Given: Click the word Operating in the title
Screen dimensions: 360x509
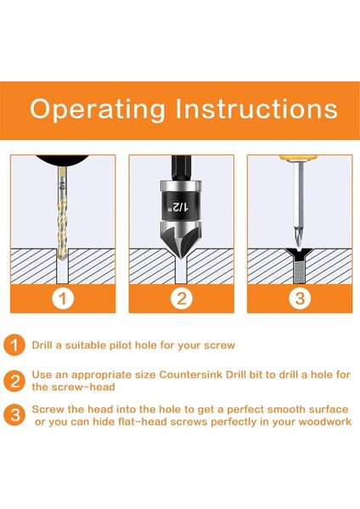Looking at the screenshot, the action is (x=97, y=109).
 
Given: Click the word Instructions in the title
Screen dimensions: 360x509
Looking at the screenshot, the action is (x=256, y=108).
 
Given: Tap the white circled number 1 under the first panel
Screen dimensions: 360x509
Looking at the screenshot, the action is (x=63, y=299).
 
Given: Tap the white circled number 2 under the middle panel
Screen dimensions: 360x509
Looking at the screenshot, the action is (x=182, y=299).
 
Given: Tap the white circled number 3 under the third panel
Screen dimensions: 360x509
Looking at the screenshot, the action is (x=300, y=299).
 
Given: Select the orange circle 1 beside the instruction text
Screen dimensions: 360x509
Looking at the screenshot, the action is (x=14, y=345).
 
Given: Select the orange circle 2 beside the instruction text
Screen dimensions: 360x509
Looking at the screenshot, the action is (x=14, y=381).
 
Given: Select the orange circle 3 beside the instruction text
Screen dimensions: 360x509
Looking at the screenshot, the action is (x=14, y=415).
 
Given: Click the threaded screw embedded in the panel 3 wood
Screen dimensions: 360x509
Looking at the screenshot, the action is (x=299, y=266).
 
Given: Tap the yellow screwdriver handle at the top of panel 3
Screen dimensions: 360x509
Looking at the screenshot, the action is (x=298, y=158).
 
